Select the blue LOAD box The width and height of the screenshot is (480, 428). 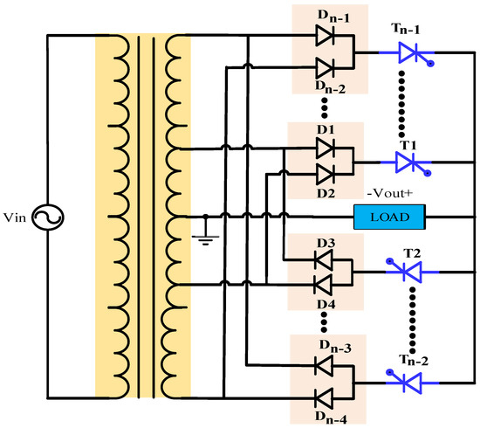click(x=389, y=215)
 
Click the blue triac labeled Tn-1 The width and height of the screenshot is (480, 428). click(x=408, y=54)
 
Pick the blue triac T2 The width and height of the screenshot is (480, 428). click(x=408, y=272)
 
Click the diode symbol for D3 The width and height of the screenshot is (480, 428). click(x=325, y=259)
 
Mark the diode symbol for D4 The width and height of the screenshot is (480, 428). click(x=325, y=282)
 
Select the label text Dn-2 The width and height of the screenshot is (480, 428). click(x=332, y=86)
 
